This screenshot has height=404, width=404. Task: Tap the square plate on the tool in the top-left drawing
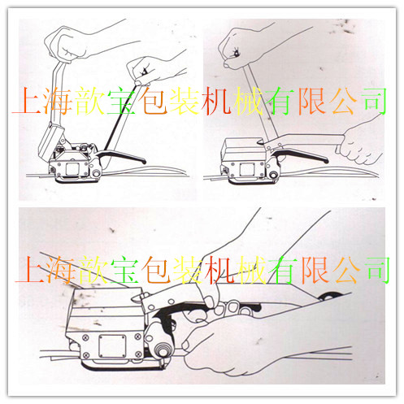pos(72,170)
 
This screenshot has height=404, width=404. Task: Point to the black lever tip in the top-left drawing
pos(144,162)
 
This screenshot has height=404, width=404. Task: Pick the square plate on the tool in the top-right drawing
pos(247,170)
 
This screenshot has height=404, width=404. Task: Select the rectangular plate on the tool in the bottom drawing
pos(112,346)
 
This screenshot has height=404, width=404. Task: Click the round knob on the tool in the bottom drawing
pos(162,350)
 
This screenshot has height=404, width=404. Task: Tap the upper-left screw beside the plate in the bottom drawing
pos(85,337)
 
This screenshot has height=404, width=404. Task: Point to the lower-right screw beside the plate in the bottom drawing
pos(138,354)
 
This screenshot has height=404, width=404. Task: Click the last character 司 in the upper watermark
pos(375,100)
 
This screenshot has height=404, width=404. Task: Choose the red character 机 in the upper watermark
pos(217,101)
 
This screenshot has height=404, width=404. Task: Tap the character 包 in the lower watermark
pos(156,270)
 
